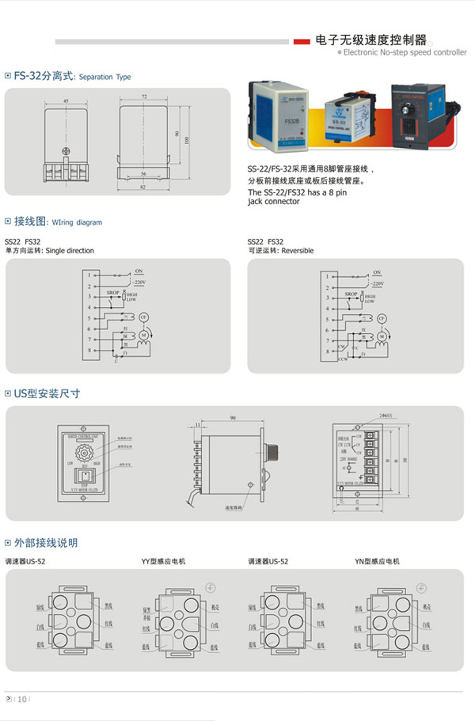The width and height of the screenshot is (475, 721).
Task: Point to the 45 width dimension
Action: pyautogui.click(x=66, y=101)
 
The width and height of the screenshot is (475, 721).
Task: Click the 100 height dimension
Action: pyautogui.click(x=187, y=140)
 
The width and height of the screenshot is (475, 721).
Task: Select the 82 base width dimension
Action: pyautogui.click(x=144, y=187)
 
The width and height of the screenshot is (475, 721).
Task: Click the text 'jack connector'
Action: pyautogui.click(x=274, y=202)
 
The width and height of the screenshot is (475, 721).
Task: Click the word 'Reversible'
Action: pyautogui.click(x=298, y=251)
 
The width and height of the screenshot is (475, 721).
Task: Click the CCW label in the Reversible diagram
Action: pyautogui.click(x=344, y=359)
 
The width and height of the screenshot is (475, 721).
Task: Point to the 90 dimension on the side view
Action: pyautogui.click(x=233, y=417)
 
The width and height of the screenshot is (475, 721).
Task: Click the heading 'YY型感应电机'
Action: pyautogui.click(x=163, y=561)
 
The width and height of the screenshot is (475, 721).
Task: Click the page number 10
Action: pyautogui.click(x=22, y=698)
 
